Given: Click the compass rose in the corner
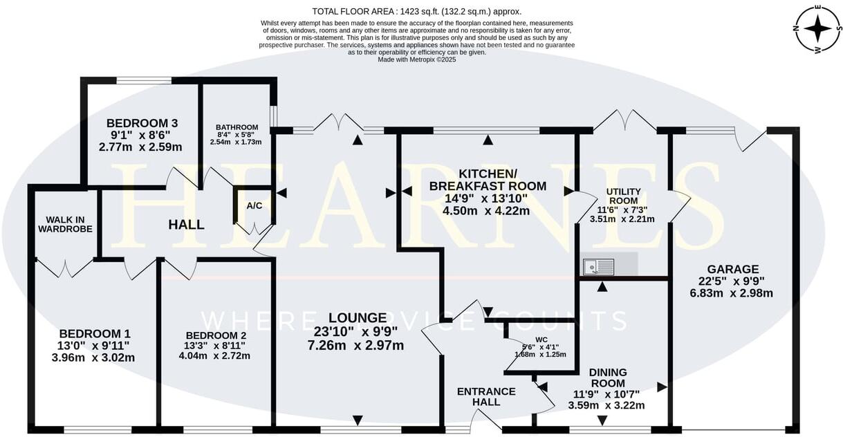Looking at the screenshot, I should pos(818,28).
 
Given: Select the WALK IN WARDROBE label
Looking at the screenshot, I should pos(65,223).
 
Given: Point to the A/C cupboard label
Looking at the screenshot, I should pos(254,205).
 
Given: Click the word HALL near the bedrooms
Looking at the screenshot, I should pos(186,225).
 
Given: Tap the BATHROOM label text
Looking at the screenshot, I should pos(237,127).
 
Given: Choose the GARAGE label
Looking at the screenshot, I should pos(733,269).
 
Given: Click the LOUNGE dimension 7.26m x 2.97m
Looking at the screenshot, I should pos(358,345).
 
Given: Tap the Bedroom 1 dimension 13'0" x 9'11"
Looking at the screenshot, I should pos(94,345).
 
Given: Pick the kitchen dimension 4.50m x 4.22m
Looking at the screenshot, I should pos(488,211).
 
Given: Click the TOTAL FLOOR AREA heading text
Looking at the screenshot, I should pos(416,11).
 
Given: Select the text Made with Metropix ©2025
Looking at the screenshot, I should pos(416,59).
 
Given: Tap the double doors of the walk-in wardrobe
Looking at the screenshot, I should pos(65,266).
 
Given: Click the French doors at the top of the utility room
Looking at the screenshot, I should pos(625,120).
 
